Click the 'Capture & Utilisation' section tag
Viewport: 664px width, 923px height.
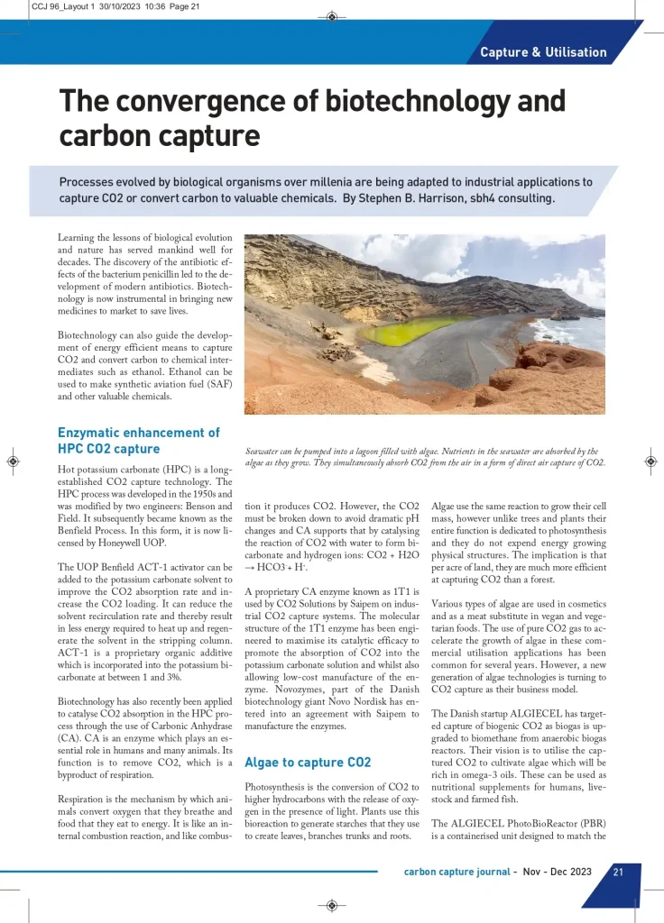point(543,52)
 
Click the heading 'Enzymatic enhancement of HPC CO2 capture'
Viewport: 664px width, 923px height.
point(138,441)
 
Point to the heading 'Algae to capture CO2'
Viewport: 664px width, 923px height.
point(308,763)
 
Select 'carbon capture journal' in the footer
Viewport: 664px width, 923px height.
point(455,873)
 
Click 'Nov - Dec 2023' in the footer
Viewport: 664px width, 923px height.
point(556,873)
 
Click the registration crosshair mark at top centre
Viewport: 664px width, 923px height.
point(332,16)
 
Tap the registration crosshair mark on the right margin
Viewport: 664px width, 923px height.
point(651,461)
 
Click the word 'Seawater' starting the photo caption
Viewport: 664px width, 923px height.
point(267,452)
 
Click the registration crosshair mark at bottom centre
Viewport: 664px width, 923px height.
point(332,904)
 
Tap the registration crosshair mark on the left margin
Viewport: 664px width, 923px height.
point(12,461)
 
